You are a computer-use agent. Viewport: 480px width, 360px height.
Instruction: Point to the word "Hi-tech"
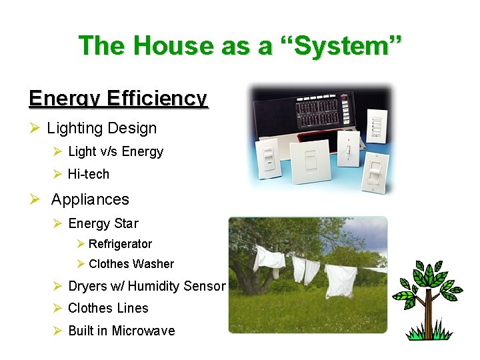tap(89, 174)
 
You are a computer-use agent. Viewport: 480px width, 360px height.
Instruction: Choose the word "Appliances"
tap(90, 199)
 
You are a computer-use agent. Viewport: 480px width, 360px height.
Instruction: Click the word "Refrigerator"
tap(120, 244)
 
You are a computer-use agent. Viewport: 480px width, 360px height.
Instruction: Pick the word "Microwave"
tap(143, 331)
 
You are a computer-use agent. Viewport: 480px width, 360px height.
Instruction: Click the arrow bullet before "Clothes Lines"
tap(58, 308)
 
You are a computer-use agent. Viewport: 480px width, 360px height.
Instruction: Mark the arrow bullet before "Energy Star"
tap(58, 223)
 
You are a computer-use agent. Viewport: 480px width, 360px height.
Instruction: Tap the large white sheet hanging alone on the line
tap(339, 280)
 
